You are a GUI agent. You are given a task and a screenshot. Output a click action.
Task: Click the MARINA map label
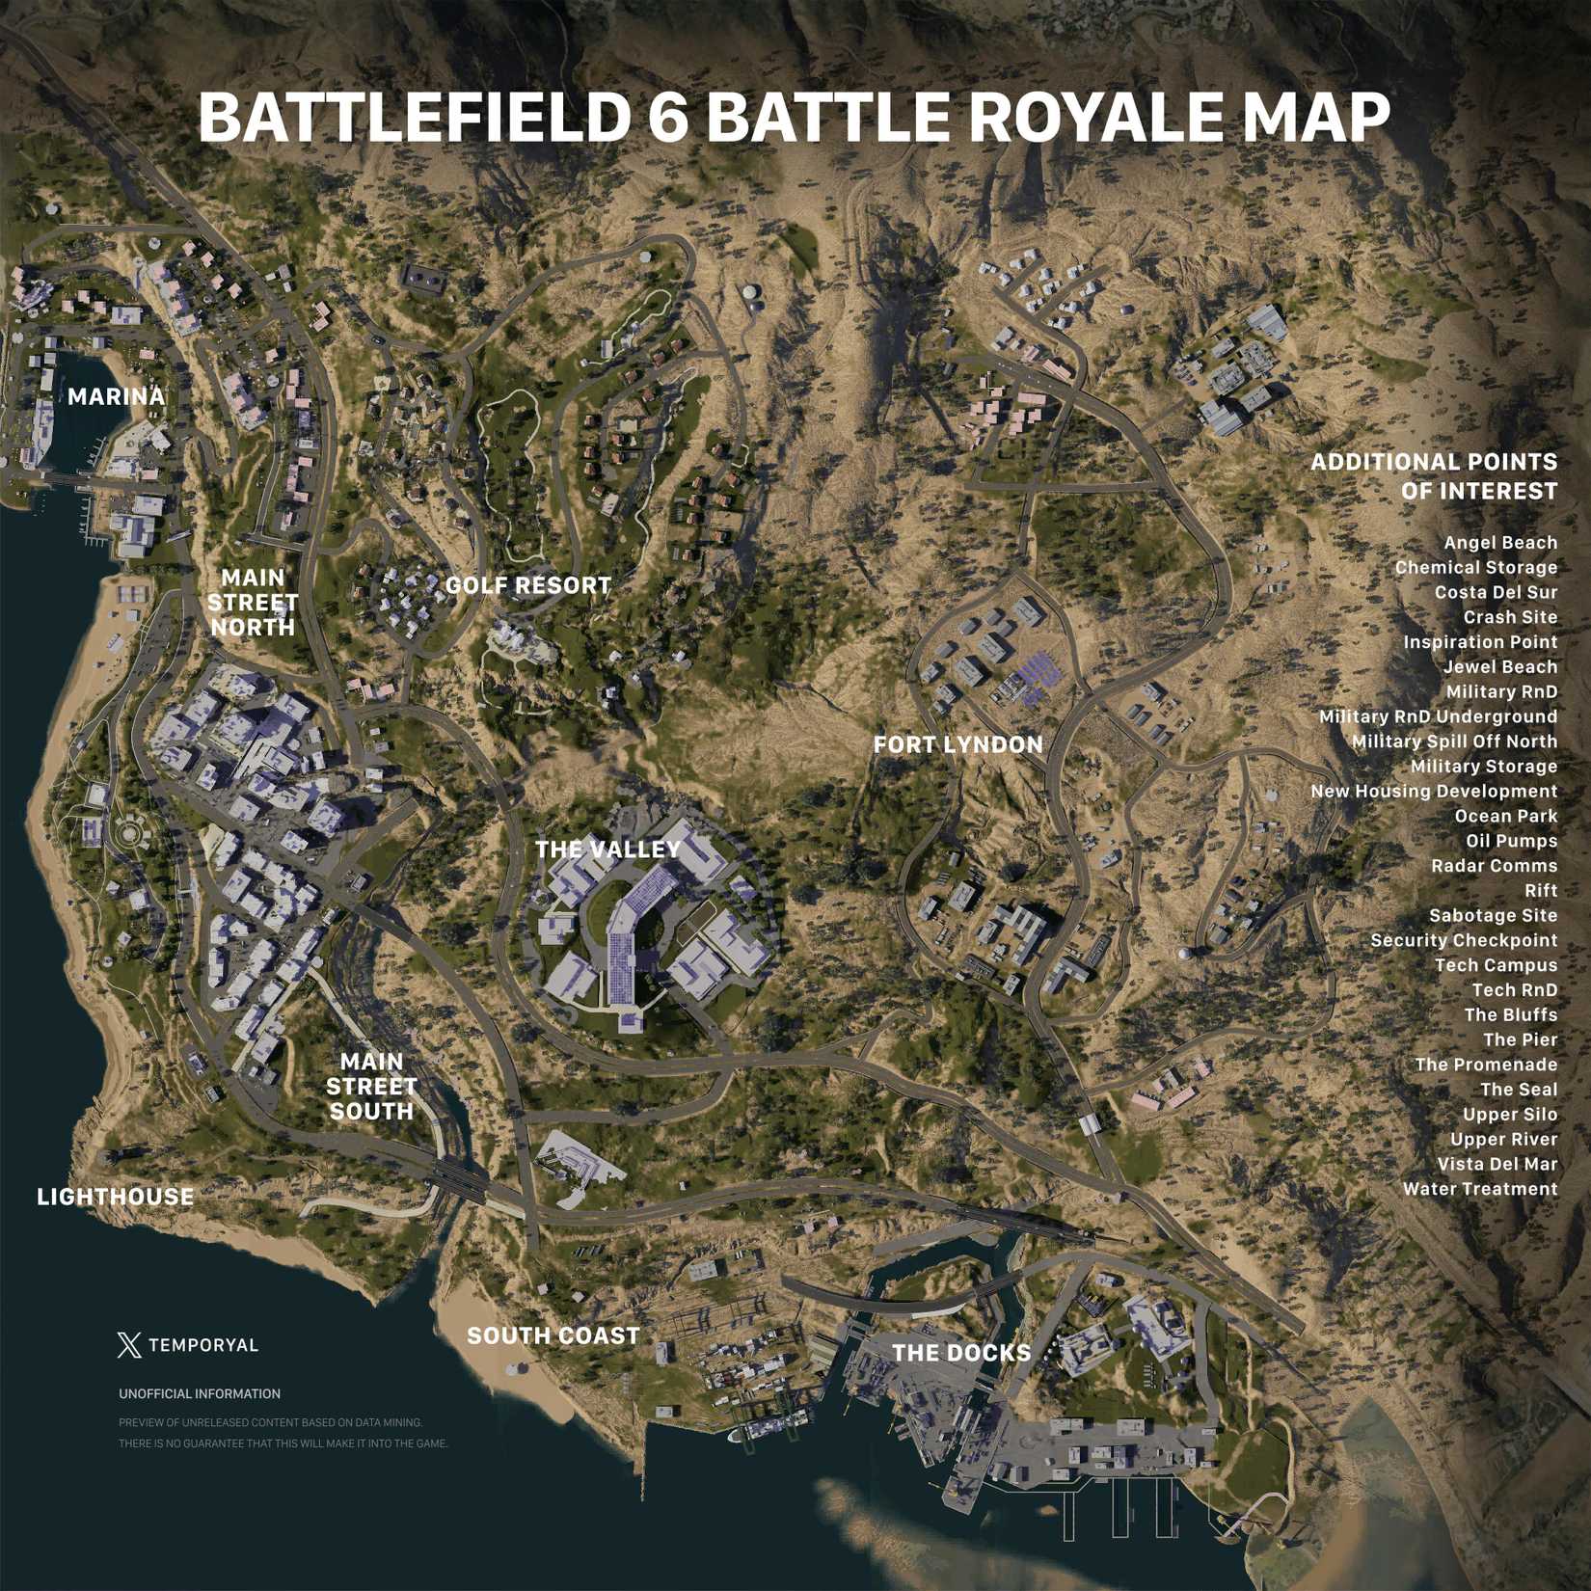[x=116, y=396]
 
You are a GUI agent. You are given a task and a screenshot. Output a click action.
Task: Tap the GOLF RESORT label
[x=527, y=585]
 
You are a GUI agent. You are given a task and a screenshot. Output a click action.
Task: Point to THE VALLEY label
[x=607, y=849]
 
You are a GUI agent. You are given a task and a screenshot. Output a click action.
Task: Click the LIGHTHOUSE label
[x=115, y=1197]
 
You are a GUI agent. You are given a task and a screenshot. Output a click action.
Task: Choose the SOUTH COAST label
[x=553, y=1335]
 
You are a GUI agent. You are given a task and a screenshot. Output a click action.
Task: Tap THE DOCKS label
[x=961, y=1353]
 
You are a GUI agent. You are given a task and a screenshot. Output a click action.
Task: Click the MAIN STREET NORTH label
[x=253, y=603]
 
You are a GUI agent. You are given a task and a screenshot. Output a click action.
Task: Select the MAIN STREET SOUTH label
[x=371, y=1087]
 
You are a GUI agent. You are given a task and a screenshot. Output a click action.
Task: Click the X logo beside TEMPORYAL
[x=128, y=1344]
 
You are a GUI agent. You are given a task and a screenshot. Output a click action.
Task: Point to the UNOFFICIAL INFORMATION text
[x=200, y=1393]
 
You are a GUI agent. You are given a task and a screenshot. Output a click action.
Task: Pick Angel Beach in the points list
[x=1499, y=543]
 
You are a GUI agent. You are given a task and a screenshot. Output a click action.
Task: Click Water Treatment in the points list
[x=1479, y=1189]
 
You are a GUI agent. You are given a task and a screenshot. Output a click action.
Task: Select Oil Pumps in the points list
[x=1511, y=841]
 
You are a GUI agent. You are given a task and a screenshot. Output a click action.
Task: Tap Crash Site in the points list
[x=1510, y=617]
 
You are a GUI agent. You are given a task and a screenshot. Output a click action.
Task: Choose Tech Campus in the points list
[x=1496, y=965]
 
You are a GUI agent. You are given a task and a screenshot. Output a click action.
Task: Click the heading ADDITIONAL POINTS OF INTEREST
[x=1433, y=476]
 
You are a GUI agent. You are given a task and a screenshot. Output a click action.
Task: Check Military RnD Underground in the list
[x=1437, y=716]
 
